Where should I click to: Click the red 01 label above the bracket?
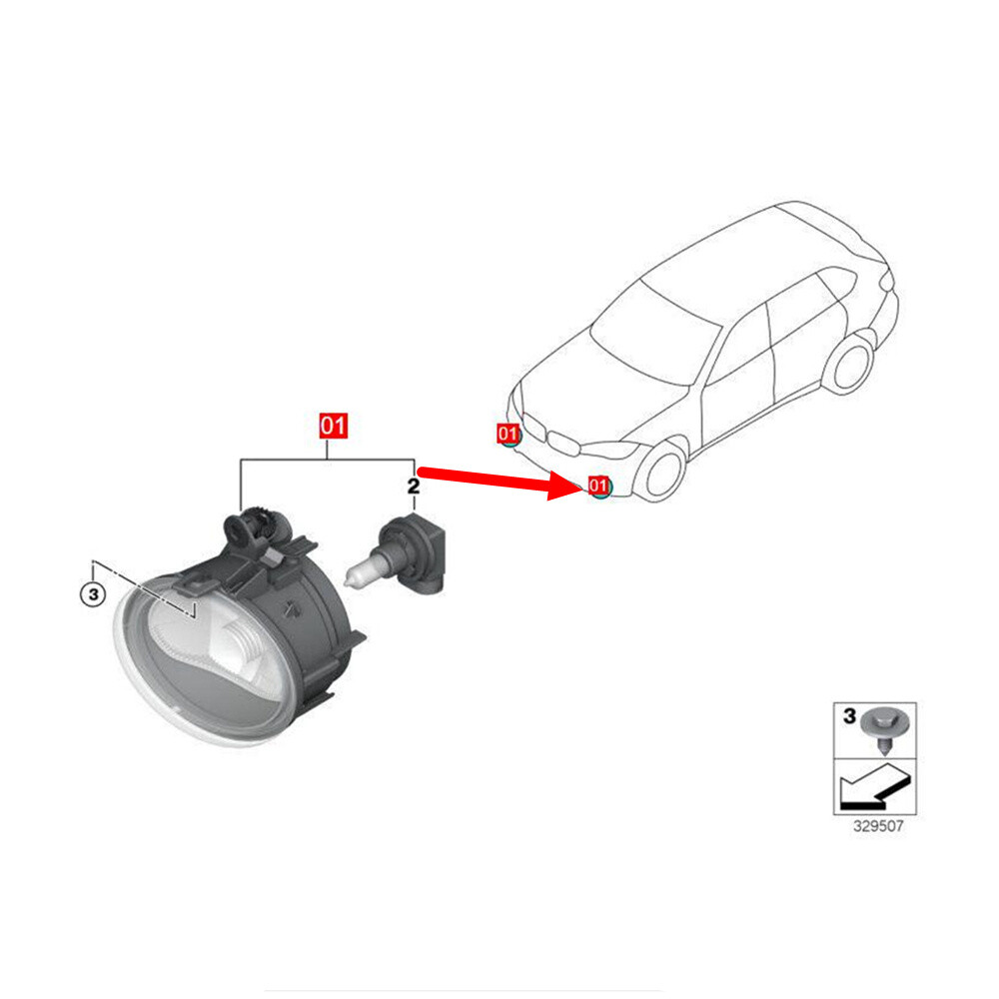[x=333, y=427]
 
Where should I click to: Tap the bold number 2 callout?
[x=413, y=487]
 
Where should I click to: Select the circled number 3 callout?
[x=92, y=595]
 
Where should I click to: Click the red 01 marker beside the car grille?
[x=508, y=434]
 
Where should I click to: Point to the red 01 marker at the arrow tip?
[x=599, y=487]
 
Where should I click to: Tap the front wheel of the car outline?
[x=661, y=473]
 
